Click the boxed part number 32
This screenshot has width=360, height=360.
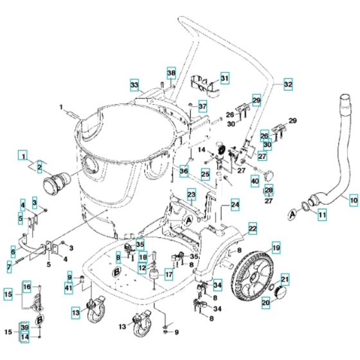287,84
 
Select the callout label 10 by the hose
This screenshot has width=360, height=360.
352,199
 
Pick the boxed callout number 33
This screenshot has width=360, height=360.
134,85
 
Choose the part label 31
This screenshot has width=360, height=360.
224,78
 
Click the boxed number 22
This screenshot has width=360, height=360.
253,228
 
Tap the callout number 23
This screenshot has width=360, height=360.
191,194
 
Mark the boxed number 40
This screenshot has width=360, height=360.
255,182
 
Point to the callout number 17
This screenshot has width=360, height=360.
168,274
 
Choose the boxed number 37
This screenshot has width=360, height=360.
202,106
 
